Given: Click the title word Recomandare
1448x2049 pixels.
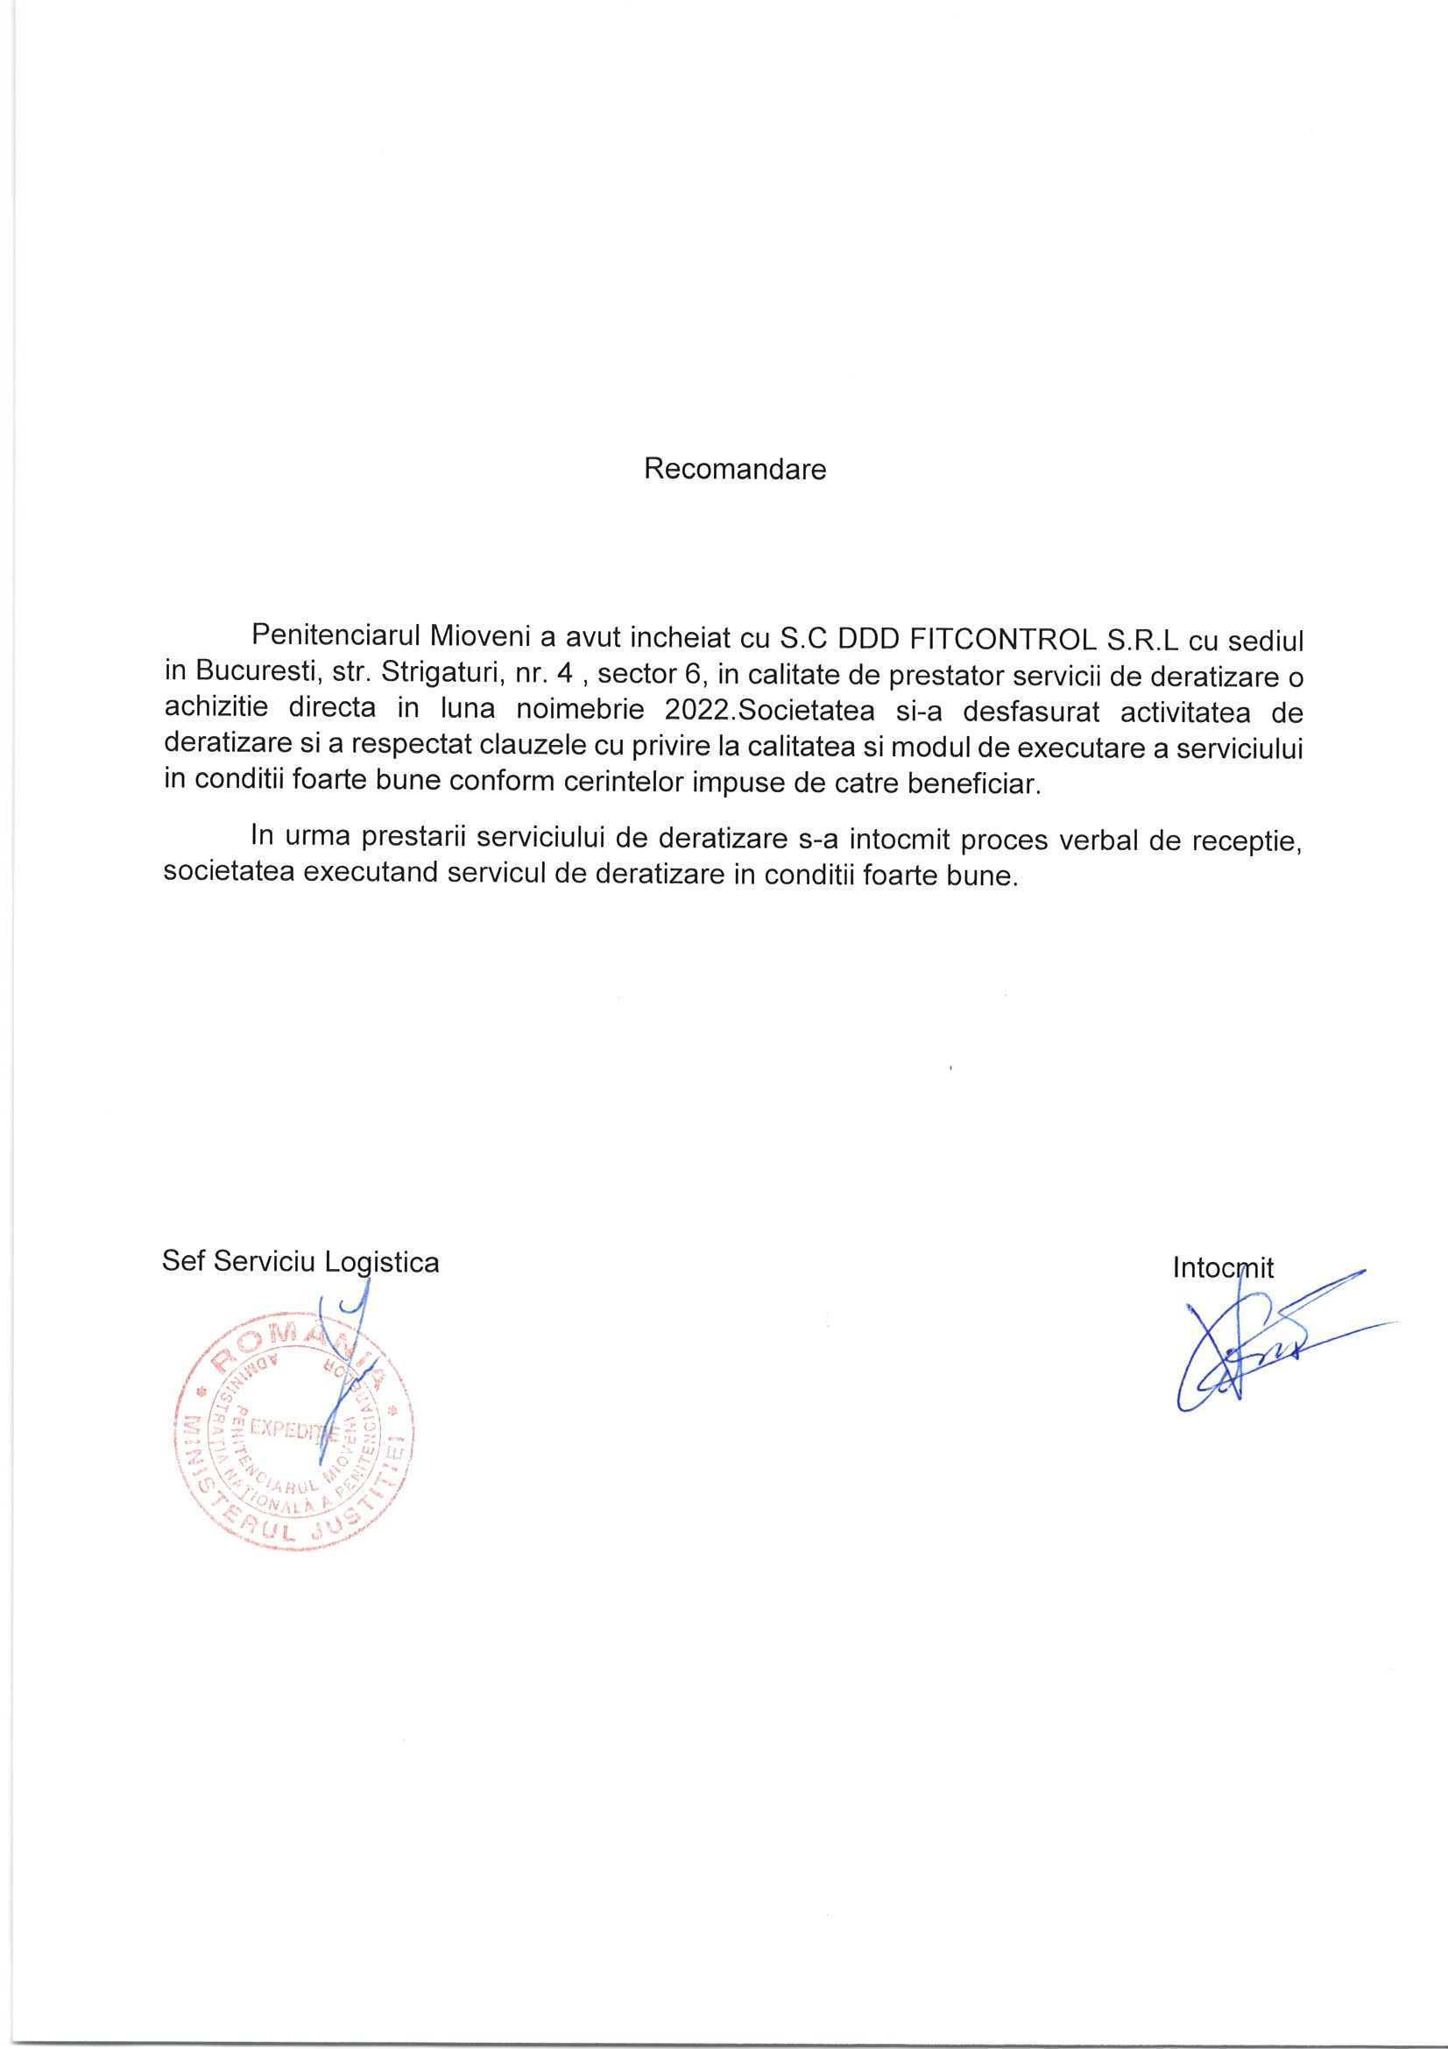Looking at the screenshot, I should [x=735, y=470].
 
